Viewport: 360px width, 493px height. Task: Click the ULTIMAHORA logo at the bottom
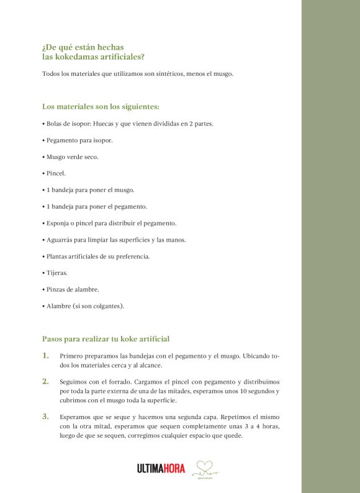coord(161,469)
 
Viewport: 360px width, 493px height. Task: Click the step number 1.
coord(45,356)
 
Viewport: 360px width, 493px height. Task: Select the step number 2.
coord(45,381)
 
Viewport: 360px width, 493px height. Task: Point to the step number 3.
coord(45,416)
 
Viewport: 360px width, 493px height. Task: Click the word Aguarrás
coord(60,240)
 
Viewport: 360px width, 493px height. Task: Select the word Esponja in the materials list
coord(58,223)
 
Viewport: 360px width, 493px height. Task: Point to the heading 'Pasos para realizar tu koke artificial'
coord(106,339)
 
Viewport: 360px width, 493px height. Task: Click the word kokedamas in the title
coord(73,57)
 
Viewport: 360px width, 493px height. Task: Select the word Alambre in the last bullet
coord(60,306)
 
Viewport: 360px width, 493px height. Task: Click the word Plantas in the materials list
coord(58,256)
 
